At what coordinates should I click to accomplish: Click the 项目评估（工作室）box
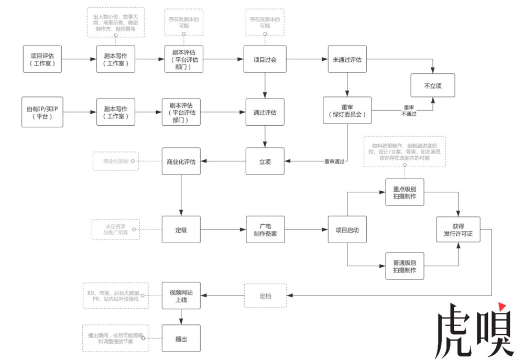click(42, 59)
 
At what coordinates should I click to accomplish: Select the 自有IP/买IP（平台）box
click(42, 112)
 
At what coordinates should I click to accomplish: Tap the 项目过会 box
click(265, 59)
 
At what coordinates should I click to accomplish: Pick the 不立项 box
click(432, 85)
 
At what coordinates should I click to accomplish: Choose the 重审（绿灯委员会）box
click(347, 110)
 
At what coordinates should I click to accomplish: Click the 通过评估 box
click(265, 112)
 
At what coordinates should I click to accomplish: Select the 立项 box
click(265, 161)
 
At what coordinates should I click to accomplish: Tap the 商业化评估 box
click(181, 161)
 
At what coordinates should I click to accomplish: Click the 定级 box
click(181, 230)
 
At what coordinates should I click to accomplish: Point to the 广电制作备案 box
click(265, 230)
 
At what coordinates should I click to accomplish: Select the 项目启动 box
click(347, 230)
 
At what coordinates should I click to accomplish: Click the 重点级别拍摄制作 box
click(405, 192)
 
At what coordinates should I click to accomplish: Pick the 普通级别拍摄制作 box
click(405, 266)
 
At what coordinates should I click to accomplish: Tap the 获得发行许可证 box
click(458, 230)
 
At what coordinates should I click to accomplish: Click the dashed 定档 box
click(265, 296)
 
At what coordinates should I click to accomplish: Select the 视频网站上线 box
click(181, 296)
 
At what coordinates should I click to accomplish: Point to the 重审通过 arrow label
click(334, 161)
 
